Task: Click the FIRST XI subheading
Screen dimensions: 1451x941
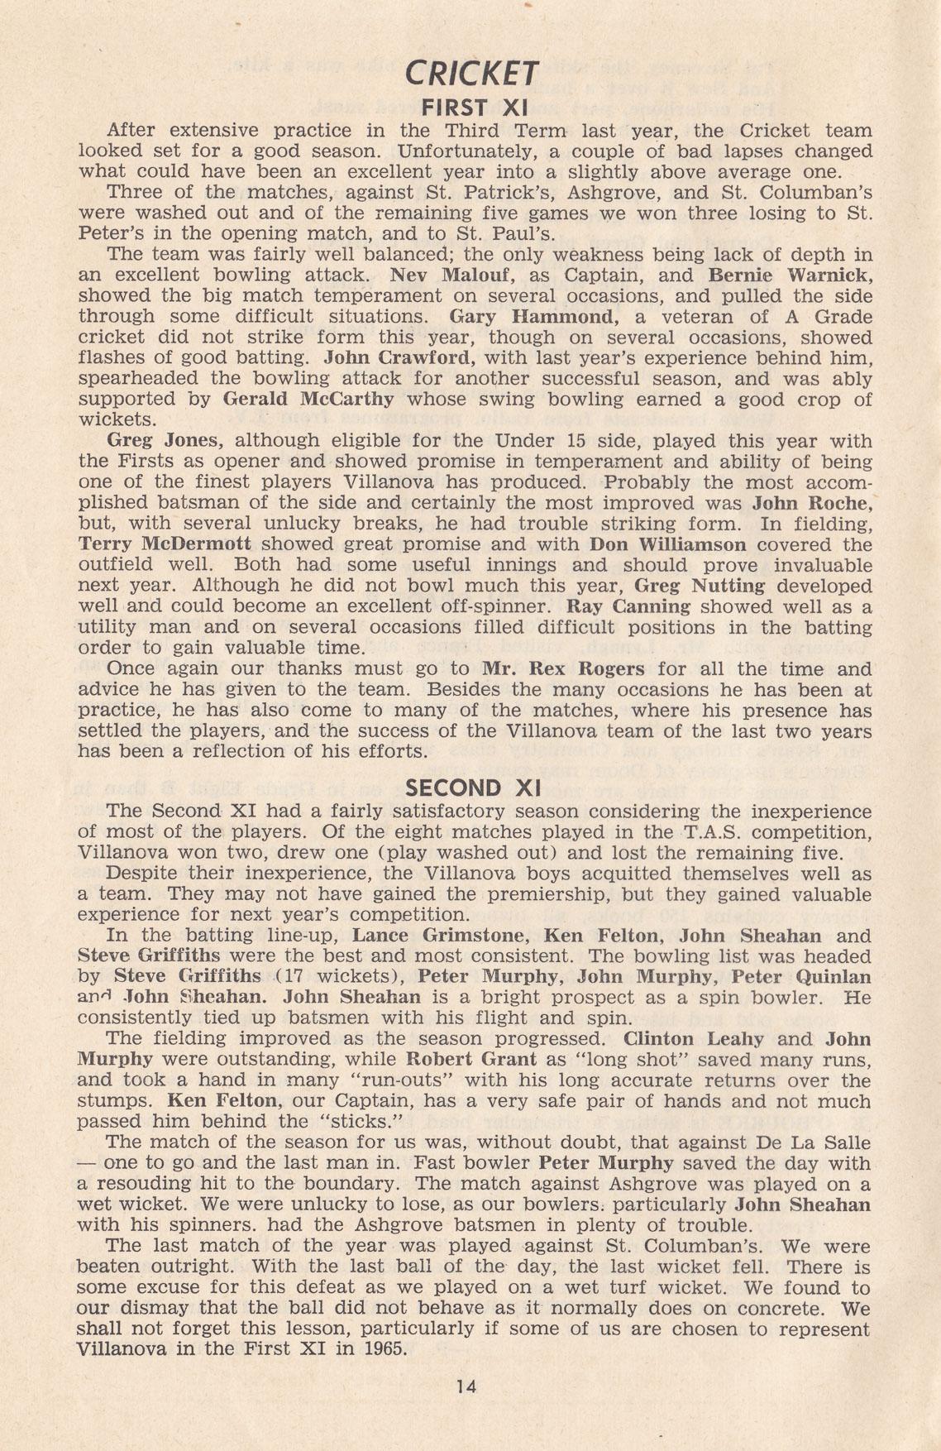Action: (x=470, y=108)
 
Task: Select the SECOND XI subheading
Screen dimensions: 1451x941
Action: (x=470, y=788)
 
